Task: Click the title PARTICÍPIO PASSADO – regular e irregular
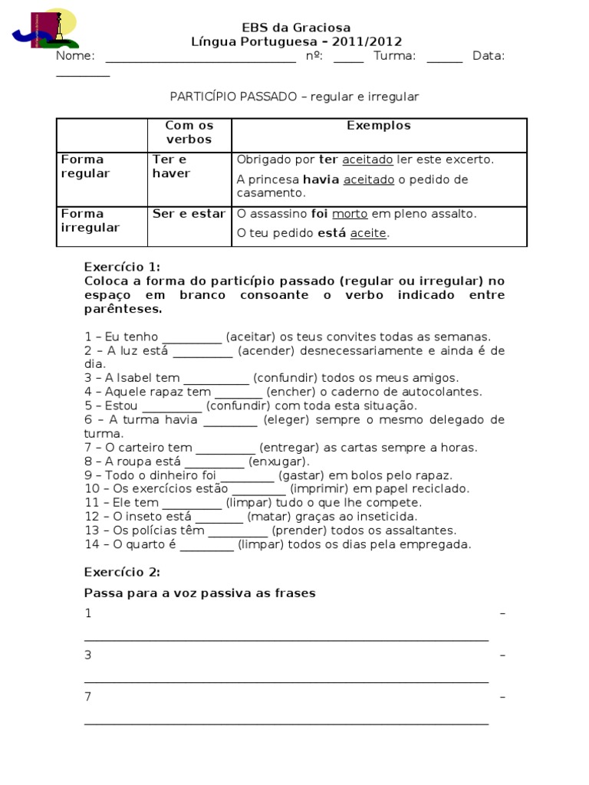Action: click(294, 97)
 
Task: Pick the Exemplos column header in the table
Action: click(378, 126)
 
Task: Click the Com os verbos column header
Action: click(189, 133)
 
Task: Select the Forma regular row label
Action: click(85, 166)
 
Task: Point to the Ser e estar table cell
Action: click(189, 214)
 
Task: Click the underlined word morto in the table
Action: click(349, 214)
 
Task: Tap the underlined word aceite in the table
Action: click(368, 233)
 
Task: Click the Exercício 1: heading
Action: click(122, 267)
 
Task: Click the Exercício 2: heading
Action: click(122, 572)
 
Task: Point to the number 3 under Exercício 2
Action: click(88, 655)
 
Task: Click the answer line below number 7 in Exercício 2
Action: click(285, 721)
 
